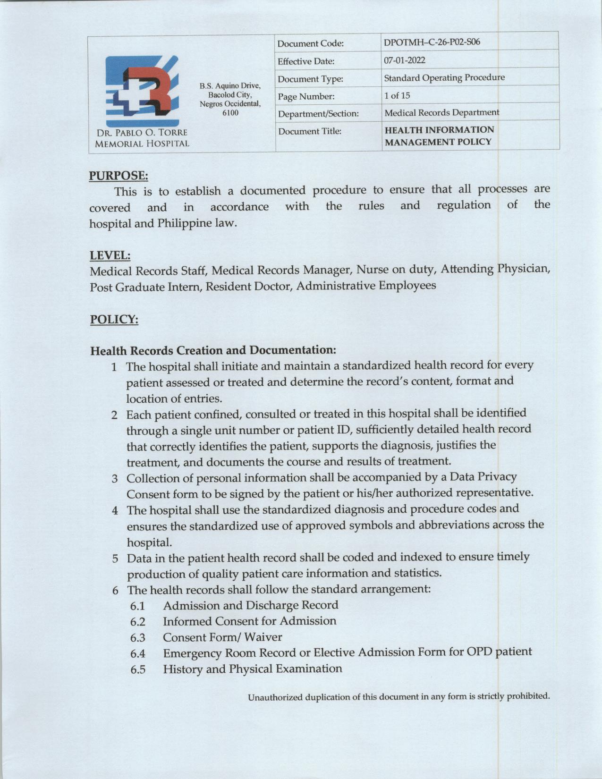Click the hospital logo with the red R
coord(142,90)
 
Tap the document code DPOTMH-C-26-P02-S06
coord(432,42)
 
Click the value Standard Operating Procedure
coord(444,77)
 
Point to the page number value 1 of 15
coord(397,95)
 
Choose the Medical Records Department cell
coord(441,113)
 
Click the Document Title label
coord(309,131)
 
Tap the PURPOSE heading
coord(119,176)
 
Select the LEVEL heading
coord(110,255)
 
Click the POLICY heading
coord(114,320)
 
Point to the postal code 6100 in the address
coord(230,112)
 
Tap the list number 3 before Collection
coord(115,479)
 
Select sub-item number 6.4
coord(138,654)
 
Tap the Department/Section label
coord(318,114)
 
